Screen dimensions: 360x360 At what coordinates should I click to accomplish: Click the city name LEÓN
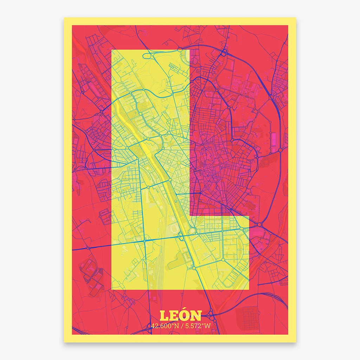[180, 315]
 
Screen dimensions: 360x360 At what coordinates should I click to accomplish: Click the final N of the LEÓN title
[196, 316]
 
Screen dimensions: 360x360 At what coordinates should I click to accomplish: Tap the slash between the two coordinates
[182, 326]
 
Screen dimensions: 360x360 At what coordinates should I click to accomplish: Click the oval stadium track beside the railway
[174, 229]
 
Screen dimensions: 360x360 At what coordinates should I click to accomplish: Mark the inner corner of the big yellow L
[190, 216]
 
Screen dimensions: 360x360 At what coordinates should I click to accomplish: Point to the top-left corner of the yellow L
[112, 50]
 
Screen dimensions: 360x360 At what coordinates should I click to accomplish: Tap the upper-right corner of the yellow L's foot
[249, 216]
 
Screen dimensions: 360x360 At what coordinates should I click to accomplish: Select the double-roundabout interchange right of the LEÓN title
[211, 313]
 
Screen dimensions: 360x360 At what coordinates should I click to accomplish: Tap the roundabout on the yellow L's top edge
[180, 50]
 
